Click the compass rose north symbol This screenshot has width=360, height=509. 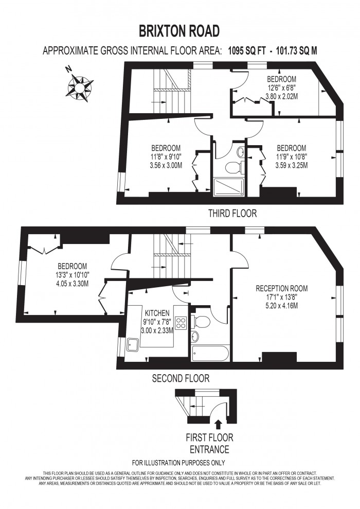[x=79, y=87]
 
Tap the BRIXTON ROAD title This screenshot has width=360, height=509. [x=179, y=31]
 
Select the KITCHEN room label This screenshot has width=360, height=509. [x=157, y=313]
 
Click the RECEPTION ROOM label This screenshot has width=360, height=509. [x=281, y=288]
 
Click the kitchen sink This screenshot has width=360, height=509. [x=133, y=345]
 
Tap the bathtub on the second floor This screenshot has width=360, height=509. [x=210, y=353]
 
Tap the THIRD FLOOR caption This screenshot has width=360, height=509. [x=232, y=213]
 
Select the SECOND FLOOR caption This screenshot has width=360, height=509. [x=181, y=378]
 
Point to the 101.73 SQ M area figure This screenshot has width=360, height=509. [x=296, y=50]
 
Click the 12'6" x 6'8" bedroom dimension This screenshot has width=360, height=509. [x=281, y=87]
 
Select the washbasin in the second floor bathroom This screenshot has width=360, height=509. [x=195, y=337]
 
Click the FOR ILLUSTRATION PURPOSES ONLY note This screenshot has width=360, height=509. [x=178, y=463]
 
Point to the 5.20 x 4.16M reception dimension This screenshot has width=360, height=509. [x=281, y=305]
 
